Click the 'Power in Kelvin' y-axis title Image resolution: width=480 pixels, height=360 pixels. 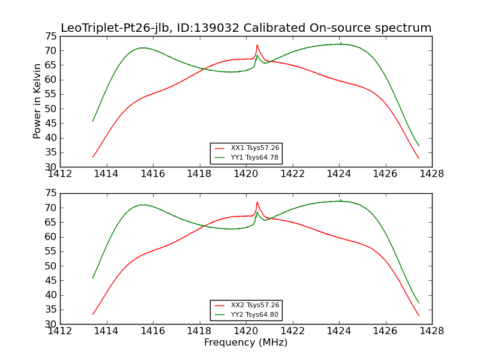tap(37, 101)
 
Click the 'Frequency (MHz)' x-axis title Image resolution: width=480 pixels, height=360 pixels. tap(245, 343)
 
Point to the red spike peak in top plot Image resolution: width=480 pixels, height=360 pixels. tap(257, 44)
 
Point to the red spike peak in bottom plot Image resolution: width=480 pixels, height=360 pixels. tap(257, 202)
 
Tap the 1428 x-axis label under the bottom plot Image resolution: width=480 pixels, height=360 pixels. tap(431, 331)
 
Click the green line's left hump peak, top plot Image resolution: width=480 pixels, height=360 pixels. tap(143, 48)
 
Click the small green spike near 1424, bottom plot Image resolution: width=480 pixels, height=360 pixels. tap(340, 200)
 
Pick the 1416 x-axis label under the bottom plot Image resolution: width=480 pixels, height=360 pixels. tap(153, 331)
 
